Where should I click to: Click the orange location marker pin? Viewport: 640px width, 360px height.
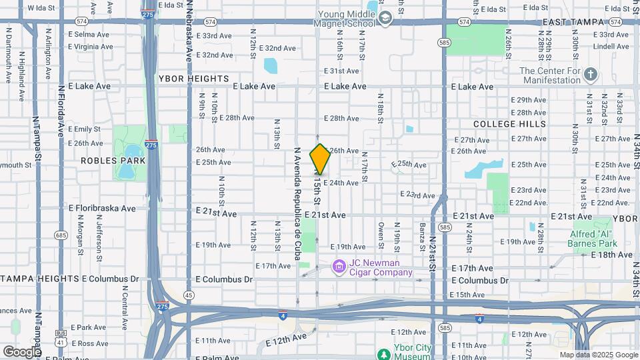(321, 159)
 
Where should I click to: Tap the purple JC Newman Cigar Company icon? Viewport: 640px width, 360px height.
(339, 267)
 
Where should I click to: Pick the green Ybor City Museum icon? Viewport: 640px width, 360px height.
(383, 353)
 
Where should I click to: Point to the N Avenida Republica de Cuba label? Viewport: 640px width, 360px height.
(297, 200)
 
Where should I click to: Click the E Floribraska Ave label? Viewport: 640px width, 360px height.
(102, 208)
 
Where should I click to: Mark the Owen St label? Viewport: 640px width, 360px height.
(381, 237)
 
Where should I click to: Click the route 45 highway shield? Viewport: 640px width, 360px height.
(189, 295)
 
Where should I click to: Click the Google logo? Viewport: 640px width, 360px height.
(22, 351)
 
